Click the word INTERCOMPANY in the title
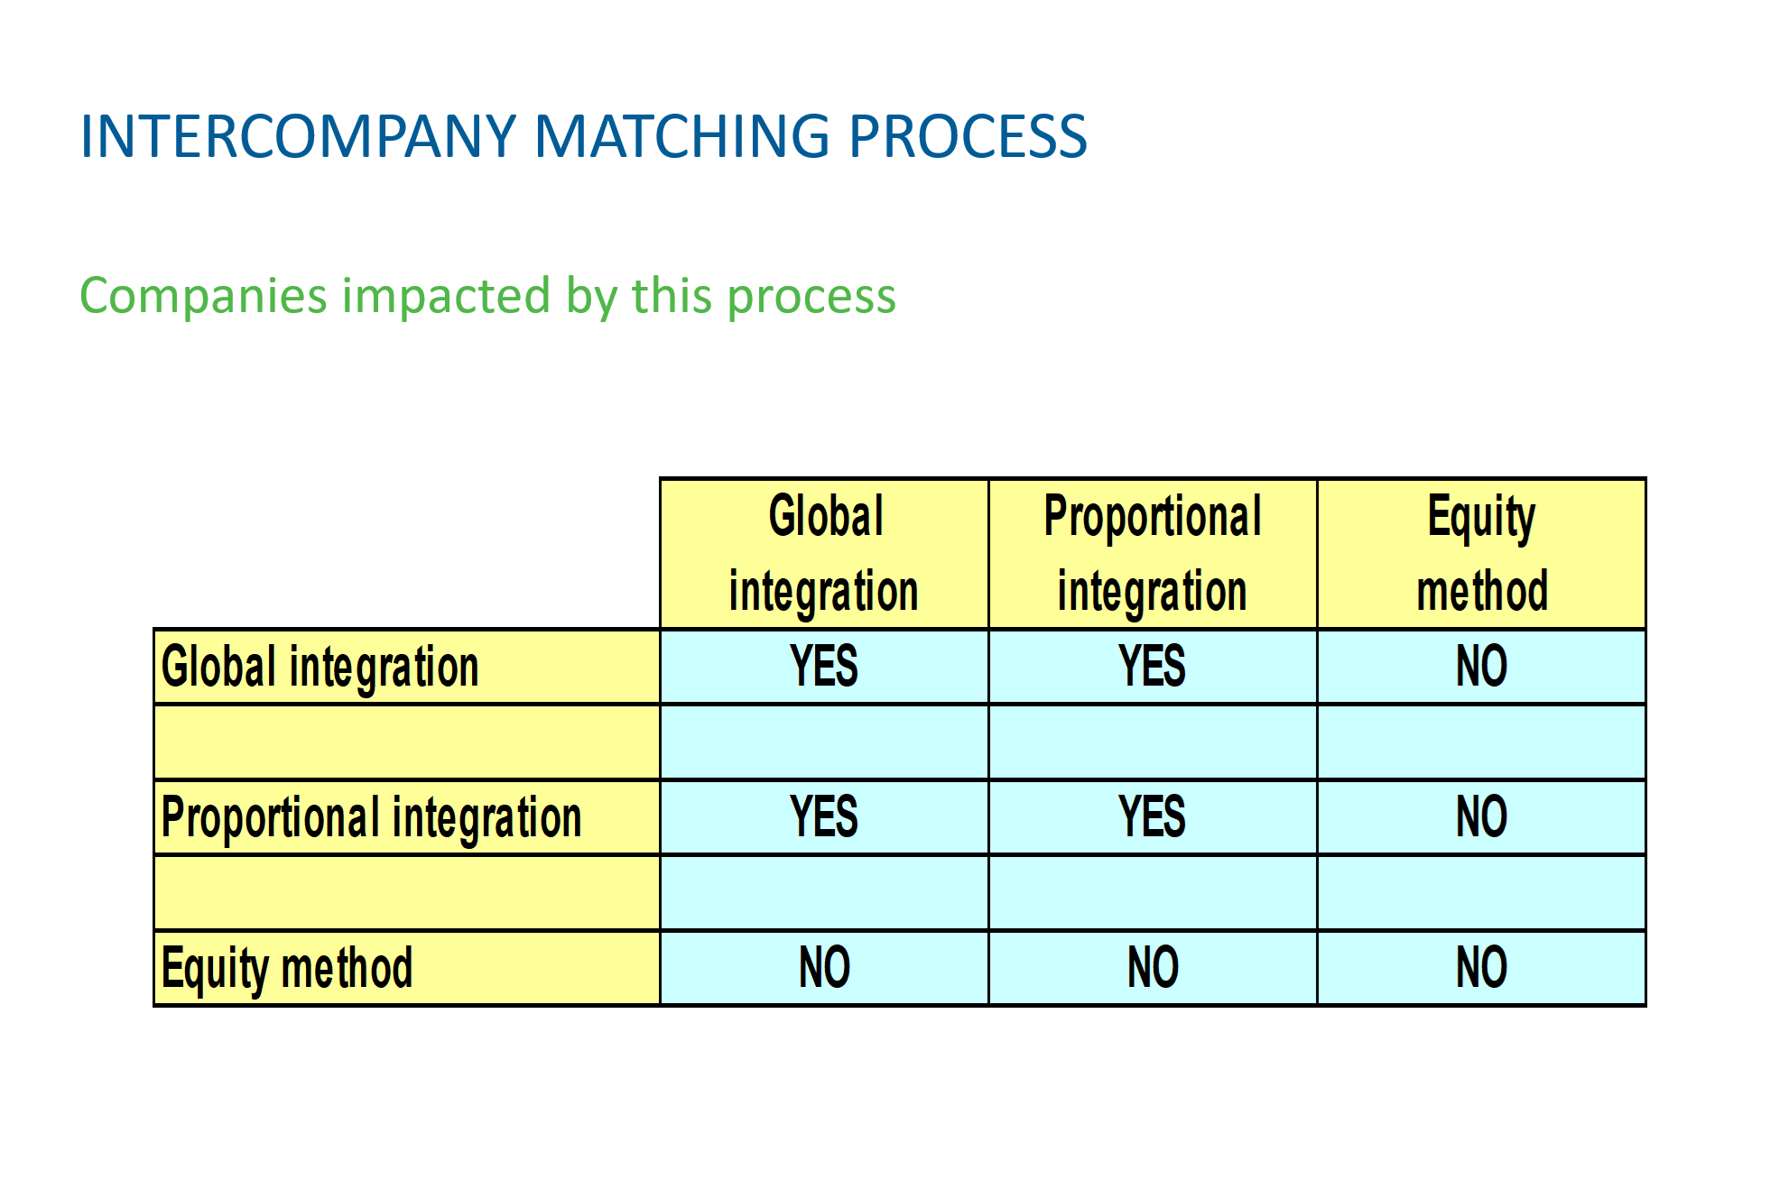pos(298,137)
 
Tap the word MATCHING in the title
pos(681,137)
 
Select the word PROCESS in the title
pos(968,137)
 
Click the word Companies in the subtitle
pos(203,296)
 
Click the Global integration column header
pos(824,553)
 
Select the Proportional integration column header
pos(1153,553)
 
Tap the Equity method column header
pos(1482,553)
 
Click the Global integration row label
pos(320,668)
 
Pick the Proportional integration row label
pos(371,818)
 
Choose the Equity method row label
pos(287,969)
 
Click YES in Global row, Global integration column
pos(824,667)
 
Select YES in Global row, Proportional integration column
pos(1153,667)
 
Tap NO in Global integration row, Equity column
pos(1482,667)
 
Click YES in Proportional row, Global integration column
pos(824,817)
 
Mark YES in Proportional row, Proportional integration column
pos(1153,817)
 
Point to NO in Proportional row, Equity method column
pos(1482,817)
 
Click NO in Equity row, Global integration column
pos(824,968)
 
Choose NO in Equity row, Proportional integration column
pos(1153,968)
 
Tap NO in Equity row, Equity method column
pos(1482,968)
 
